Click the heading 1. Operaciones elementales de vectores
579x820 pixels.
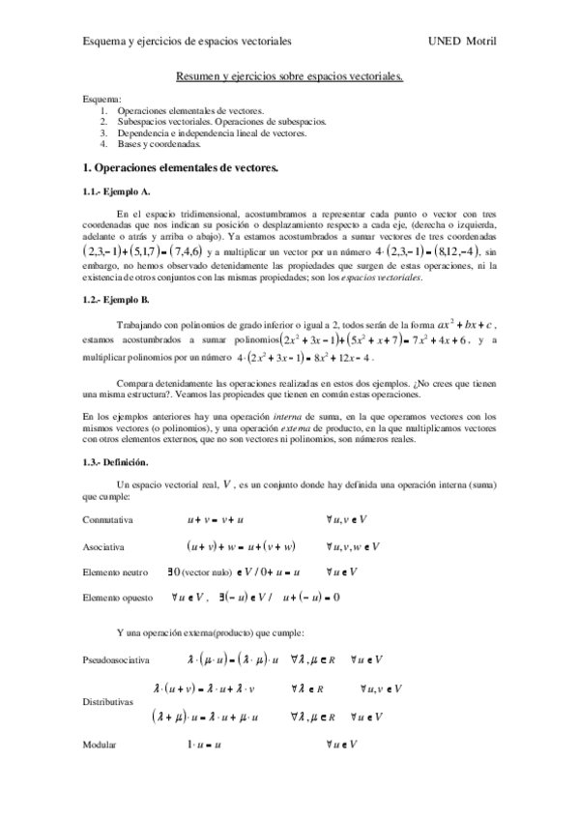tap(181, 168)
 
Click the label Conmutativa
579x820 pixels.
tap(108, 519)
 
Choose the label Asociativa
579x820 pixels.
tap(103, 545)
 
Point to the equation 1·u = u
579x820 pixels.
tap(204, 745)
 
